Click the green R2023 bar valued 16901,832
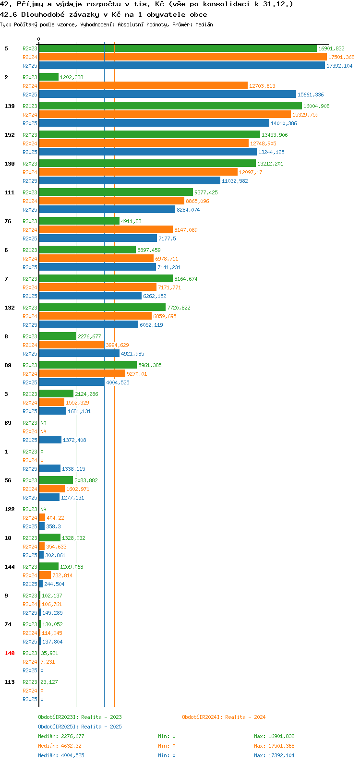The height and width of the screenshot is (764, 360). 178,48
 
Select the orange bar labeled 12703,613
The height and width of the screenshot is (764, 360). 144,86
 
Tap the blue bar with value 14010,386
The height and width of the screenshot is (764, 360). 154,123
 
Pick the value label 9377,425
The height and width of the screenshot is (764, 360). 206,192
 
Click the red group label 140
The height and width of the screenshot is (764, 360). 10,653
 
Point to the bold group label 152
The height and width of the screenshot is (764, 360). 10,135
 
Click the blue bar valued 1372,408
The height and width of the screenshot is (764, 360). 50,440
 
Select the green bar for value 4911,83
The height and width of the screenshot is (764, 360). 79,221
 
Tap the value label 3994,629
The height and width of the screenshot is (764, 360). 118,345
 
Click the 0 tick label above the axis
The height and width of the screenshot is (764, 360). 38,39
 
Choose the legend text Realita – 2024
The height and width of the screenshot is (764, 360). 245,717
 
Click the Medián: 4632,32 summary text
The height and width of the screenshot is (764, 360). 60,746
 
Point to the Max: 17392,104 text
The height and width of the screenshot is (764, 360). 274,755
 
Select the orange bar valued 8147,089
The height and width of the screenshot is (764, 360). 106,230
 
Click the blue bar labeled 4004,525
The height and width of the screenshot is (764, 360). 72,382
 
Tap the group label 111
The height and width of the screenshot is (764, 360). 10,192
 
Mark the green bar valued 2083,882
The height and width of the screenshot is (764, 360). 56,480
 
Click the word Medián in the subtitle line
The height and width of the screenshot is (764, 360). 204,24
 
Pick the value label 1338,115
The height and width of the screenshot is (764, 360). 73,469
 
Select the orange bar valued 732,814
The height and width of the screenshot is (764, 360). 45,575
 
